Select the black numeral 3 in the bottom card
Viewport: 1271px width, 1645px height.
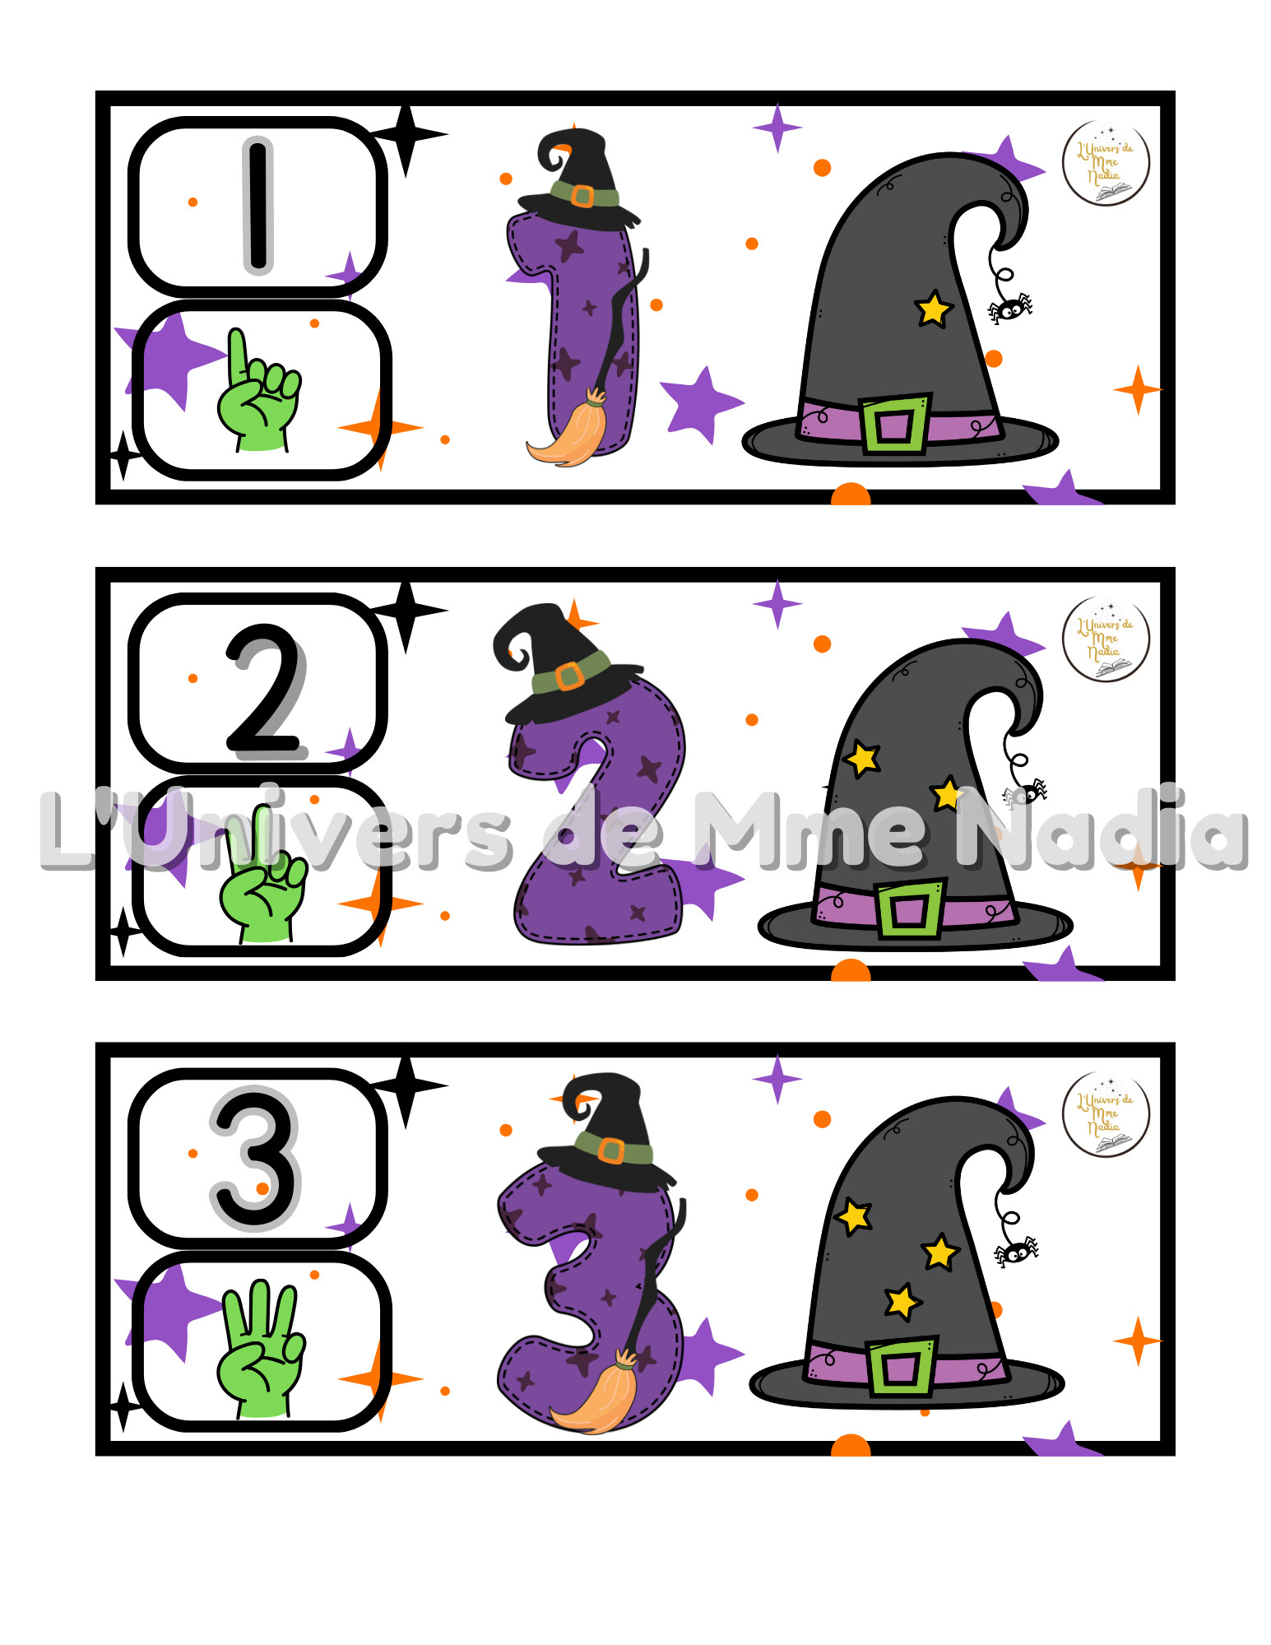point(256,1159)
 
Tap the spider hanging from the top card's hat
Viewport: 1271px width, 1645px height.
point(1011,308)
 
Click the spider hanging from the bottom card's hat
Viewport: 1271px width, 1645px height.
point(1017,1252)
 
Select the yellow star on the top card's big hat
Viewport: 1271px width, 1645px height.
point(934,309)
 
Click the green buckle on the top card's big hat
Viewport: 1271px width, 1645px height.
point(894,424)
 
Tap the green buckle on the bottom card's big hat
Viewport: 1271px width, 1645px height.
point(902,1367)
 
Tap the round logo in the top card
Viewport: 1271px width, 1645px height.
point(1106,162)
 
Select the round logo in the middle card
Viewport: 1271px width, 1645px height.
point(1106,639)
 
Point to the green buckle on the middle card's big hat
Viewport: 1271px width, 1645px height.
point(909,909)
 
